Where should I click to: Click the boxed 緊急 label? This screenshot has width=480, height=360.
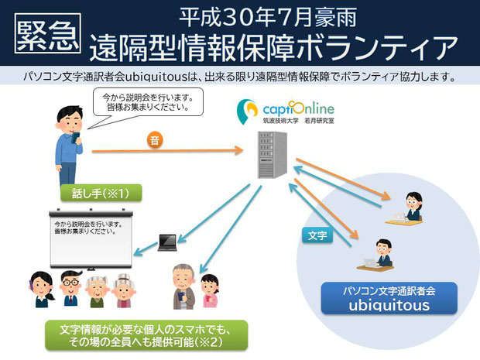tap(48, 33)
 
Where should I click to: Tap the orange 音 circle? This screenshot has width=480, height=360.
tap(155, 140)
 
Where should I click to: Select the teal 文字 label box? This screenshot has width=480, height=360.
tap(317, 235)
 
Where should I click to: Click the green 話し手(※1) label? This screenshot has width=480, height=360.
tap(101, 194)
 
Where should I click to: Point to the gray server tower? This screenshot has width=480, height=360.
tap(273, 155)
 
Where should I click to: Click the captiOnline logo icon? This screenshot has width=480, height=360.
tap(247, 111)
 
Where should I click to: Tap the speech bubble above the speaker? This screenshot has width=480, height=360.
tap(148, 104)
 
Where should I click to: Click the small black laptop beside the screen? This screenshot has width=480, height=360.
tap(167, 243)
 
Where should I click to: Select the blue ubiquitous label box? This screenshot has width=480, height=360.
tap(389, 298)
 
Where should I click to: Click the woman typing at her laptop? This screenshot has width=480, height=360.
tap(407, 209)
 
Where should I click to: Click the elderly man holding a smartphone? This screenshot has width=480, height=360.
tap(183, 286)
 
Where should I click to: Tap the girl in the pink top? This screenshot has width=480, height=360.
tap(210, 290)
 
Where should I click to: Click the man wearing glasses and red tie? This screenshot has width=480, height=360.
tap(71, 288)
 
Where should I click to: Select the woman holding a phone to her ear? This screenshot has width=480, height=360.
tap(42, 290)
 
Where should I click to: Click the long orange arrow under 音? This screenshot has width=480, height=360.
tap(167, 151)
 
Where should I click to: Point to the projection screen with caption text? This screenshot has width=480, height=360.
tap(91, 239)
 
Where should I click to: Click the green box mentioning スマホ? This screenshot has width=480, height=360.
tap(146, 335)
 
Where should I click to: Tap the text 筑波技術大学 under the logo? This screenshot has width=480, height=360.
tap(281, 121)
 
